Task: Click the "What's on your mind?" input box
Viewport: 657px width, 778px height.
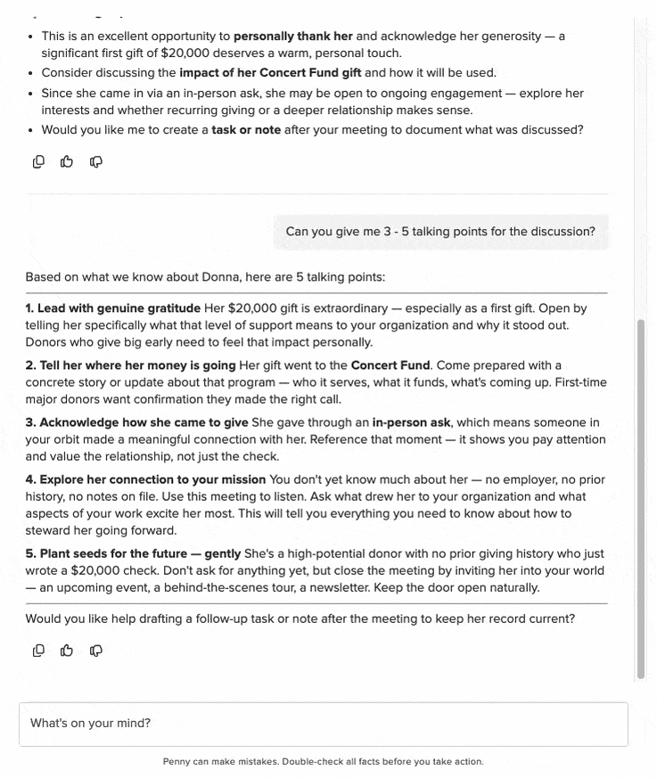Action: pos(323,724)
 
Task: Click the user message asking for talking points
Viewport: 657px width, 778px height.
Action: pos(440,232)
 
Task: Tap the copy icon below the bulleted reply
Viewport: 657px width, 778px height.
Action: pos(38,161)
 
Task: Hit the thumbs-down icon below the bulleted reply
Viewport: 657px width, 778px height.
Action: pos(96,161)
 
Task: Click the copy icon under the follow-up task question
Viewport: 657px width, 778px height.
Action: pos(38,651)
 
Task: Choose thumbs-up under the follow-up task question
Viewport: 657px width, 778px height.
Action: pos(67,651)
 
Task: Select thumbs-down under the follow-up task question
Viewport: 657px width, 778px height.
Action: pos(96,651)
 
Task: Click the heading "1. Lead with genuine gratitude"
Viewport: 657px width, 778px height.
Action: pos(113,308)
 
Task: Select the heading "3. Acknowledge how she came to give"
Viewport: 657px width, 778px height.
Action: pos(136,422)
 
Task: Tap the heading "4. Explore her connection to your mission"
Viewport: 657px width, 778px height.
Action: pos(145,479)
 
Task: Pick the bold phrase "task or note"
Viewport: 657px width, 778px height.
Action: pos(246,129)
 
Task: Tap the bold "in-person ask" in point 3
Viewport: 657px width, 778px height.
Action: pos(411,422)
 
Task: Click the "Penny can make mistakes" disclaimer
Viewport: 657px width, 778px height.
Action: pos(323,762)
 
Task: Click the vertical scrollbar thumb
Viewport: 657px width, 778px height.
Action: pos(640,499)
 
